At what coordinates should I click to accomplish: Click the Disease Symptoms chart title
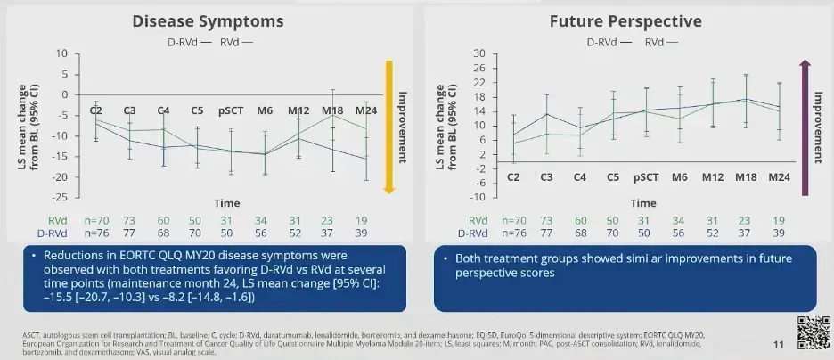point(208,21)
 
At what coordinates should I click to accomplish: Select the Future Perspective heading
point(627,21)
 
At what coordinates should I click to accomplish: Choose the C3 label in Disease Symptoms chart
point(129,110)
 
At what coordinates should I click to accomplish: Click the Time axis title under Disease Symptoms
point(225,203)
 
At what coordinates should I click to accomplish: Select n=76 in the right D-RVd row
point(514,233)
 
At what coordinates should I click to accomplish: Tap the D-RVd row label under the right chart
point(473,233)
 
